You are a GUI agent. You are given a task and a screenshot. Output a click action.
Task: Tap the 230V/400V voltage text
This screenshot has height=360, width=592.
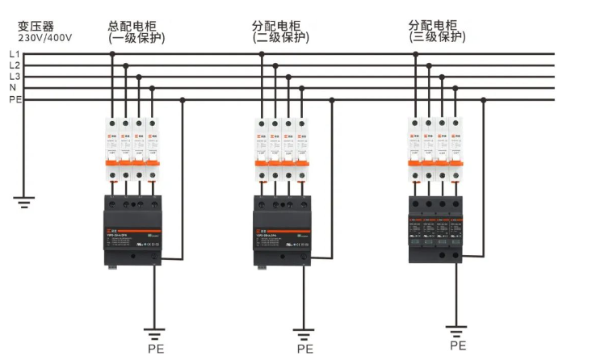(44, 37)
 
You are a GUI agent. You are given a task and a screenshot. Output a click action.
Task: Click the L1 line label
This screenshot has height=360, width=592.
(14, 54)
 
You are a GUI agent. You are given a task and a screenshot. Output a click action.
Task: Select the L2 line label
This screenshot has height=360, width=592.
(14, 65)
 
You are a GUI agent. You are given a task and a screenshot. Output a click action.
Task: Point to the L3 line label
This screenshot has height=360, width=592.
(14, 77)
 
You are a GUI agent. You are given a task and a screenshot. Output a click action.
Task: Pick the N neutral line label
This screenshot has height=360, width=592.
(12, 88)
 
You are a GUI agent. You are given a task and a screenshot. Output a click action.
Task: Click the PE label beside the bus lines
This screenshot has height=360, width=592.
(15, 99)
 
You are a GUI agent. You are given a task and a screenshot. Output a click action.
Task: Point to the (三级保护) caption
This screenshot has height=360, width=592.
(438, 37)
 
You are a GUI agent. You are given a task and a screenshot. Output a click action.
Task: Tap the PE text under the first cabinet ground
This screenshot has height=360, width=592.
(155, 349)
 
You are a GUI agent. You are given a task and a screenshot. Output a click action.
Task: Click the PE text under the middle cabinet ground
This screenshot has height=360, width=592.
(304, 349)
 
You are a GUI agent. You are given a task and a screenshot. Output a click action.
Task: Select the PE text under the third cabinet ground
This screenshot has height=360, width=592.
(458, 345)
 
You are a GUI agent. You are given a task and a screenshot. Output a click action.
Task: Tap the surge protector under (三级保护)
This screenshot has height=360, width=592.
(437, 228)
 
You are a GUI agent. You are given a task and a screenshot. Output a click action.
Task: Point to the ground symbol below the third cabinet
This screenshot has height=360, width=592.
(457, 330)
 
